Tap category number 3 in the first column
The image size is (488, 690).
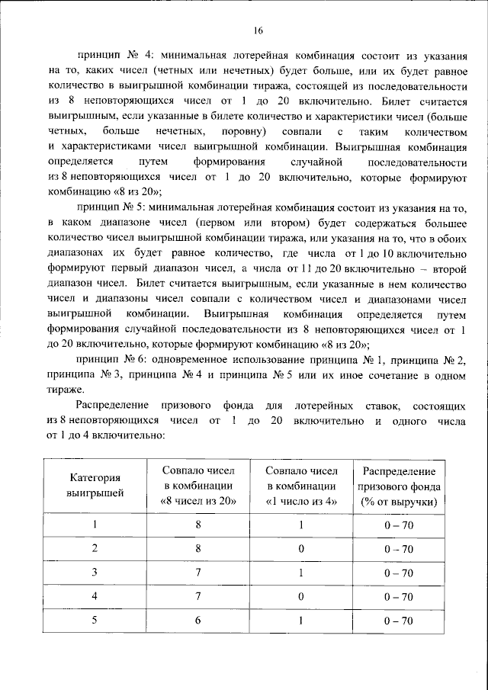(96, 572)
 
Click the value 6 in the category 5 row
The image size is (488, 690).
(197, 621)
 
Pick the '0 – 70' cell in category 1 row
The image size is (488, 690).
(398, 525)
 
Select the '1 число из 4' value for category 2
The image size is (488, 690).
(301, 548)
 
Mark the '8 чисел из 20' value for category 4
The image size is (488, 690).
(197, 596)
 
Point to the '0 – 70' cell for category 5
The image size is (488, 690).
(398, 621)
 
